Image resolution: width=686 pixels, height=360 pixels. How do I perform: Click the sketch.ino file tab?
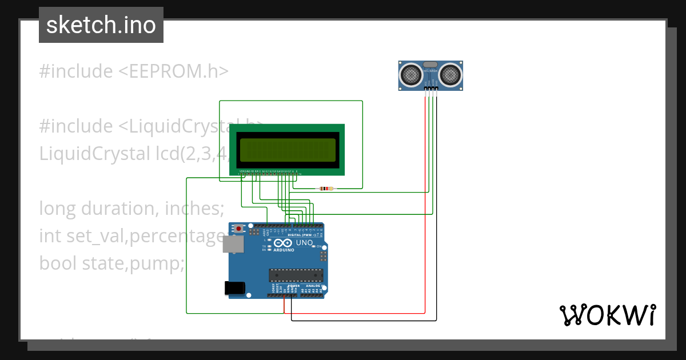pyautogui.click(x=101, y=25)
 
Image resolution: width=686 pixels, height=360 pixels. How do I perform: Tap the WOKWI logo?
pyautogui.click(x=607, y=315)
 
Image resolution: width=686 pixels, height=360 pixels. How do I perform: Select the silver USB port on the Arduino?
pyautogui.click(x=232, y=245)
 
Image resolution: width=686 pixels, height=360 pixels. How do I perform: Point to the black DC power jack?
pyautogui.click(x=235, y=288)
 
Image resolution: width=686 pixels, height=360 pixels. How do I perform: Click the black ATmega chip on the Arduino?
pyautogui.click(x=296, y=275)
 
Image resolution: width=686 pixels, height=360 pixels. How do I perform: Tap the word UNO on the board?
pyautogui.click(x=304, y=243)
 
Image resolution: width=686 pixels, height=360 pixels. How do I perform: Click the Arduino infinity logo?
pyautogui.click(x=284, y=243)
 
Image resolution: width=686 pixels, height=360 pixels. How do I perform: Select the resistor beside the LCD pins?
pyautogui.click(x=326, y=189)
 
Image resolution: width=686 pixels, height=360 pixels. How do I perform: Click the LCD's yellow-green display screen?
pyautogui.click(x=288, y=150)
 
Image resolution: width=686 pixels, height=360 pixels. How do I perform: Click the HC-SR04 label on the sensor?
pyautogui.click(x=430, y=71)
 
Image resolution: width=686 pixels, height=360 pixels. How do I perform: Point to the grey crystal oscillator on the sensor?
pyautogui.click(x=430, y=64)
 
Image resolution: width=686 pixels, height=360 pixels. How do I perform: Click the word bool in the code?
pyautogui.click(x=58, y=263)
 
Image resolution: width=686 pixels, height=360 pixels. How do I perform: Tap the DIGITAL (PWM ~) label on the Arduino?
pyautogui.click(x=302, y=235)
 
